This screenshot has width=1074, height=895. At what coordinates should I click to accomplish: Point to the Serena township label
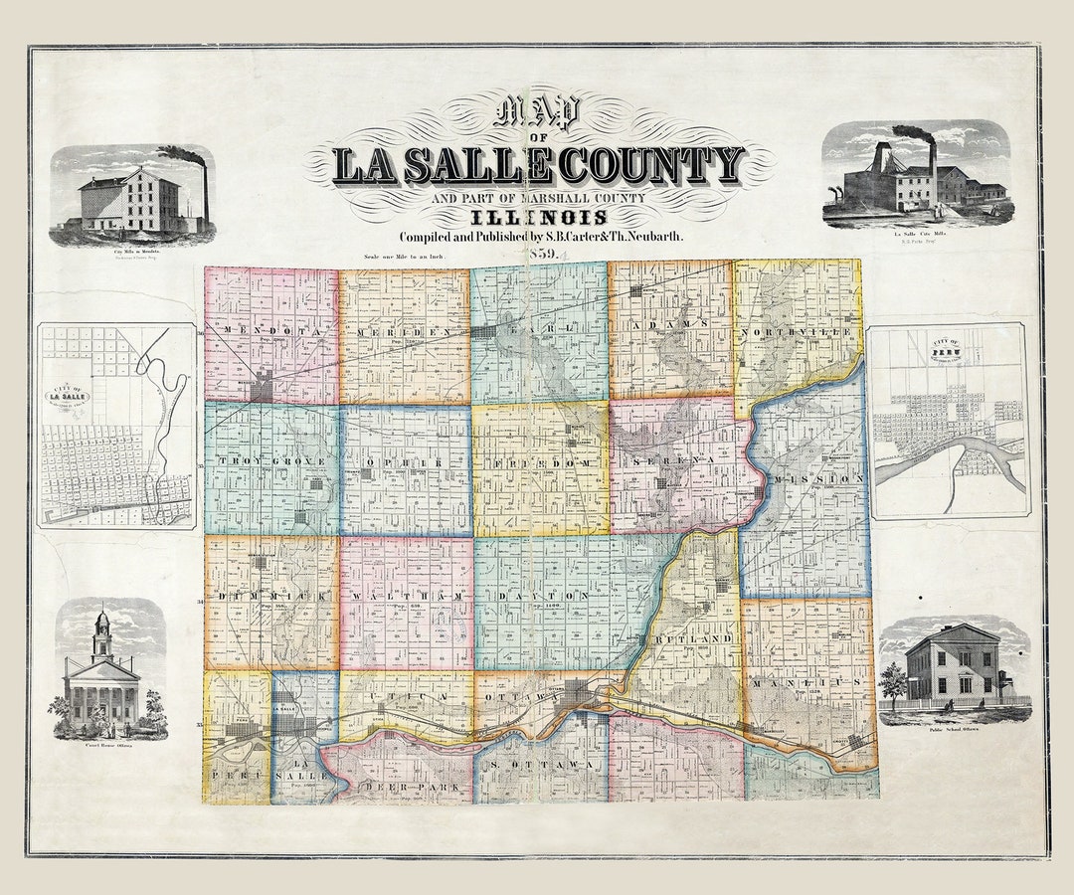pos(675,462)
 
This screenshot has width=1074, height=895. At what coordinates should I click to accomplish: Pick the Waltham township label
pos(405,595)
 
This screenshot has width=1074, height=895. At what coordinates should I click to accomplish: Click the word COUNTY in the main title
pos(650,165)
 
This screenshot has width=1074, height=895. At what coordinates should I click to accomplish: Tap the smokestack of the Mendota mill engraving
pos(205,195)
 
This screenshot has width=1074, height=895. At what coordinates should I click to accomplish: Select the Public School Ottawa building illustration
pos(953,664)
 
